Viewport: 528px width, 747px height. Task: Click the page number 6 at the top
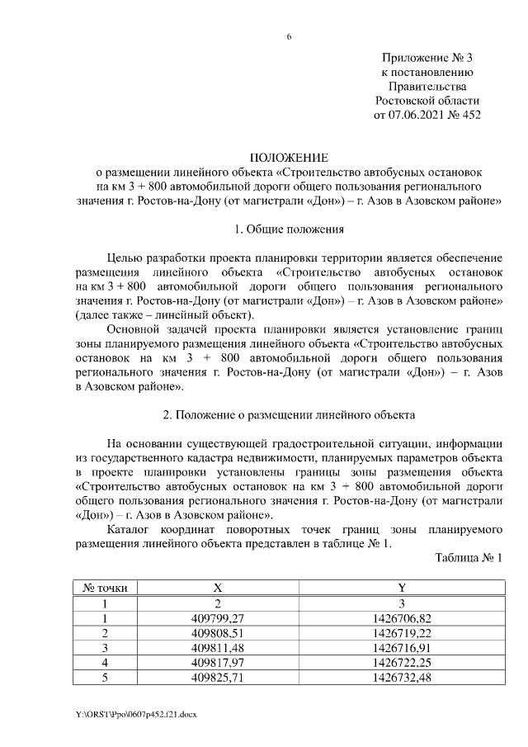289,37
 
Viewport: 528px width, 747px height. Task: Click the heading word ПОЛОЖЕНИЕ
289,157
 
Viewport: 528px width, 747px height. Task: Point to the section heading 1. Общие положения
289,229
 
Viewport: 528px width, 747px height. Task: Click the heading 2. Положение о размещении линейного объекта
289,413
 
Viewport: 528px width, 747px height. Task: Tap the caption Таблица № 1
469,558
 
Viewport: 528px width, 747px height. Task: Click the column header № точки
105,588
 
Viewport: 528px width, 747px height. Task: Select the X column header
218,588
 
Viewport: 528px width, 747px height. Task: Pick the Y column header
401,588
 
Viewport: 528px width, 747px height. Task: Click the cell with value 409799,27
218,618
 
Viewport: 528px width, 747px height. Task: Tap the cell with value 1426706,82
401,618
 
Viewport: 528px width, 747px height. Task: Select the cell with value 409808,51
218,633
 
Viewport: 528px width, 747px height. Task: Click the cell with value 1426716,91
401,648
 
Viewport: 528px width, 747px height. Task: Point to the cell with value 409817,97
218,663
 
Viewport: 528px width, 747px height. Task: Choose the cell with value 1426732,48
401,678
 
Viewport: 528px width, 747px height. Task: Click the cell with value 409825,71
218,678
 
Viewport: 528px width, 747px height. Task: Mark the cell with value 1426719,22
401,633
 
